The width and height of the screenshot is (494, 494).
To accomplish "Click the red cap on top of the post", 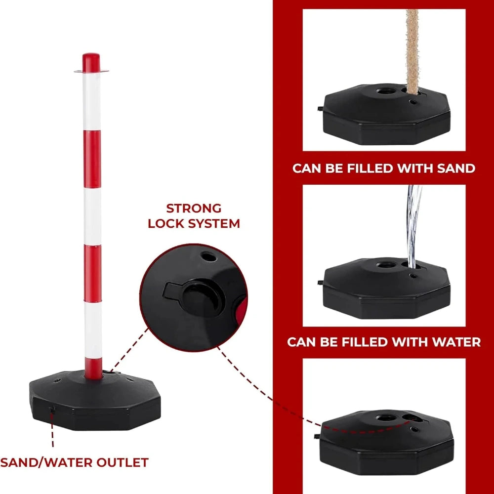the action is (x=91, y=63).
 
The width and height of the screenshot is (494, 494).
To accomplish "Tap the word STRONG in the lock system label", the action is (x=194, y=208).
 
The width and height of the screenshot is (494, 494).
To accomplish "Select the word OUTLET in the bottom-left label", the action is (x=122, y=462).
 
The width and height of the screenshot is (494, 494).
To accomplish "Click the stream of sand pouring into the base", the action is (x=412, y=52).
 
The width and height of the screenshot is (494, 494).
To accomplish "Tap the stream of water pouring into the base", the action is (x=413, y=226).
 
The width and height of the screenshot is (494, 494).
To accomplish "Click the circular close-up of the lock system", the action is (x=194, y=297).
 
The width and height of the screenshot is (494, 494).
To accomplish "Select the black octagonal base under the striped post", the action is (x=95, y=401).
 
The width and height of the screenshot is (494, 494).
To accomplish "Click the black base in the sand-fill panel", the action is (x=386, y=114).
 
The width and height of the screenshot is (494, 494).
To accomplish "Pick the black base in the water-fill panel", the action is (x=386, y=288).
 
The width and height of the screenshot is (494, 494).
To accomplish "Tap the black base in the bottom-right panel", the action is (x=386, y=442).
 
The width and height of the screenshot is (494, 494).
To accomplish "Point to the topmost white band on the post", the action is (x=92, y=101).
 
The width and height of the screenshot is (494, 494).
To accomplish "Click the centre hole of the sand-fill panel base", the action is (x=386, y=91).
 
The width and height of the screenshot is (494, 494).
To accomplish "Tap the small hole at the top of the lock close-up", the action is (x=208, y=257).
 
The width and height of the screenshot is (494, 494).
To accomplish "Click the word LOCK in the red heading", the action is (x=165, y=224).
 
